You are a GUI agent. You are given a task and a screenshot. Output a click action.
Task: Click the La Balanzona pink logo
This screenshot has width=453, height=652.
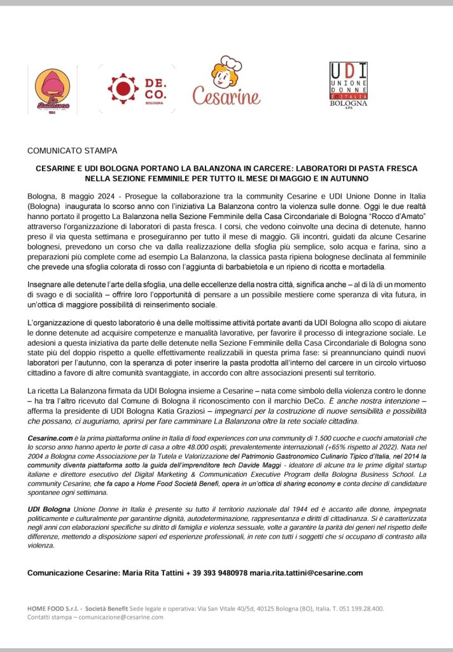pos(53,92)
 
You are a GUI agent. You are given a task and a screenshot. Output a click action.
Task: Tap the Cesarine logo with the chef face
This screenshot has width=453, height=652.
pos(226,82)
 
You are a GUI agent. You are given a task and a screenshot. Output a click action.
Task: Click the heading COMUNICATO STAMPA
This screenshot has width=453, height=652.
pos(72,151)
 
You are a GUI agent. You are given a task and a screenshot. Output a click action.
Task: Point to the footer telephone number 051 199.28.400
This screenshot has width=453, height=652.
pos(360,608)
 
